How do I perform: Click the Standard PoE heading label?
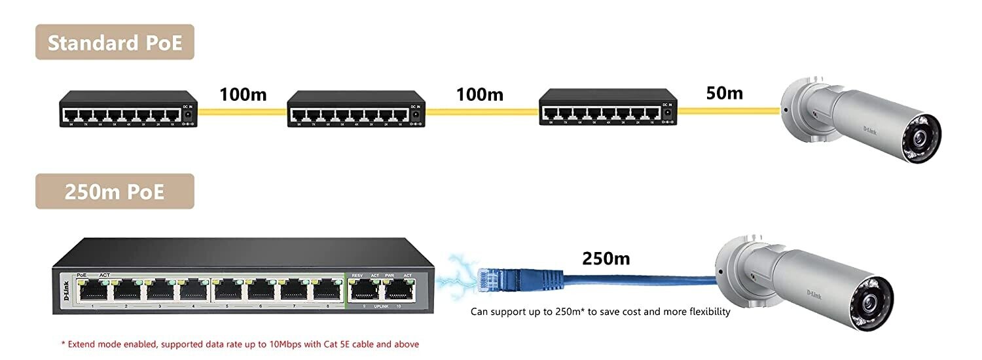(115, 43)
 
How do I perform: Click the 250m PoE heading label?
(115, 191)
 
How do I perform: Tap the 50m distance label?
(724, 93)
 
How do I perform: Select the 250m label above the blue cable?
(606, 259)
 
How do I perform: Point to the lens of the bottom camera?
(872, 300)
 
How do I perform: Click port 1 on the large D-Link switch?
(94, 291)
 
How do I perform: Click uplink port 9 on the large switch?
(365, 291)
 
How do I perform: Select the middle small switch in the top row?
(356, 109)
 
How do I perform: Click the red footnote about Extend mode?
(240, 344)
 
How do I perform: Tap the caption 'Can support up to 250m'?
(600, 312)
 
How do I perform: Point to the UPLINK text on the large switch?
(382, 306)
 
